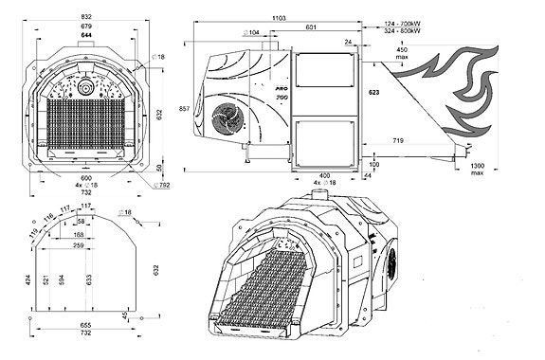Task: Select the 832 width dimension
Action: (86, 18)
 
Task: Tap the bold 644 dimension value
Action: (86, 34)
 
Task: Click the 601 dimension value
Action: (311, 27)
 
